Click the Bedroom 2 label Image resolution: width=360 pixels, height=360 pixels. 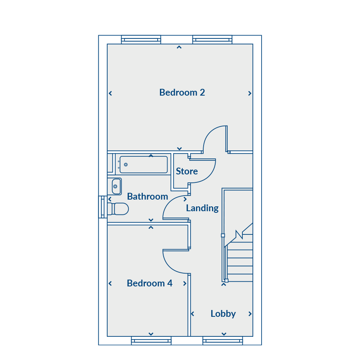[182, 92]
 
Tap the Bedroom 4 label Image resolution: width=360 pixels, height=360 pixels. [150, 283]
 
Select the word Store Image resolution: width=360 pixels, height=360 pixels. [187, 171]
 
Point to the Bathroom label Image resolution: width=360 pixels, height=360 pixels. [148, 196]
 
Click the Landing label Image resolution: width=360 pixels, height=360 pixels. [202, 208]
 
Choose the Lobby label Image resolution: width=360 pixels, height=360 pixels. [223, 314]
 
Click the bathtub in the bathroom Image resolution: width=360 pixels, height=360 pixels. [144, 164]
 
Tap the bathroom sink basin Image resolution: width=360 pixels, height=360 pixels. [116, 186]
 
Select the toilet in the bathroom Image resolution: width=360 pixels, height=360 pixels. [118, 209]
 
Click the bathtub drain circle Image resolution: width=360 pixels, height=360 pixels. [126, 165]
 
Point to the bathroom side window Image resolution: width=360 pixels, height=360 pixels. [103, 207]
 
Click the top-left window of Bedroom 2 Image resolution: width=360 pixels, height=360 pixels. [141, 40]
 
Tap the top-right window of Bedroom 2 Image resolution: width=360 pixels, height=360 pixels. [212, 40]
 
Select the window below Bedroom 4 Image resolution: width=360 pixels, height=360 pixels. [151, 341]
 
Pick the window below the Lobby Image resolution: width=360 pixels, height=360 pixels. [222, 341]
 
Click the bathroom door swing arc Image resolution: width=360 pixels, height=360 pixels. [170, 202]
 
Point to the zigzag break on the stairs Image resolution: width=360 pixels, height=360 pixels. [239, 234]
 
